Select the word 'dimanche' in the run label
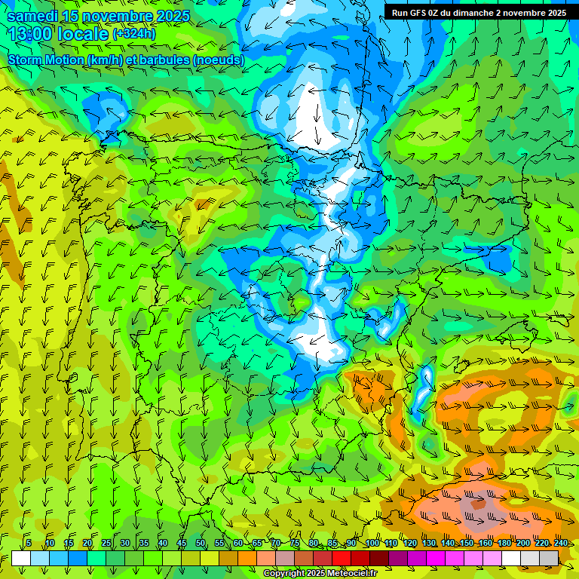[x=493, y=13]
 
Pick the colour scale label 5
[x=29, y=543]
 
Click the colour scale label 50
[x=200, y=543]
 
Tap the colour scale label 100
[x=372, y=543]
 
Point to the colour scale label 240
[x=560, y=543]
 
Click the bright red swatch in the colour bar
[x=342, y=558]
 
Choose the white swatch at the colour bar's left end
[x=21, y=558]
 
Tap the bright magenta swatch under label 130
[x=436, y=558]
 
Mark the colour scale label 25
[x=106, y=543]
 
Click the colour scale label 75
[x=294, y=543]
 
